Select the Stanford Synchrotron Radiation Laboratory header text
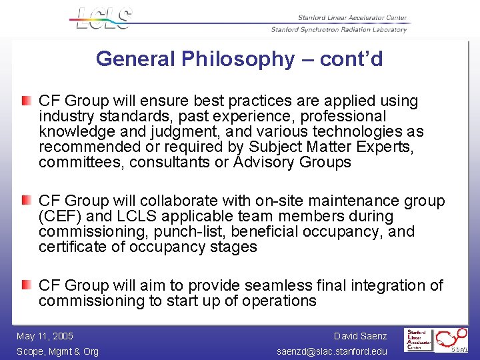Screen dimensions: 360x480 339,29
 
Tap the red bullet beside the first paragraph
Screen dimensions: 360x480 25,101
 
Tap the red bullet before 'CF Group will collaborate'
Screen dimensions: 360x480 25,201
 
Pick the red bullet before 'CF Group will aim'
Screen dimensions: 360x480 25,285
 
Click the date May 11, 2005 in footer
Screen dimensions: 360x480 45,336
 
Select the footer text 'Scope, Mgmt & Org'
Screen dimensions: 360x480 57,351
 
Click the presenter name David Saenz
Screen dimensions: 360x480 360,336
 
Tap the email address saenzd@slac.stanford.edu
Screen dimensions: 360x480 332,351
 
